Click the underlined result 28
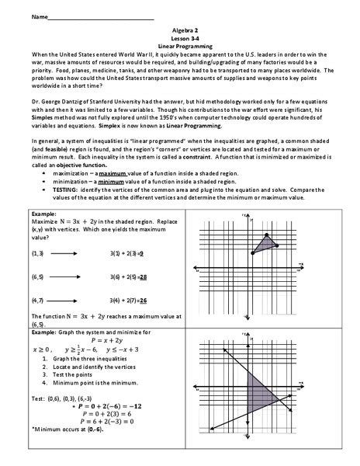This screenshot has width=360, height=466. [144, 276]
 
